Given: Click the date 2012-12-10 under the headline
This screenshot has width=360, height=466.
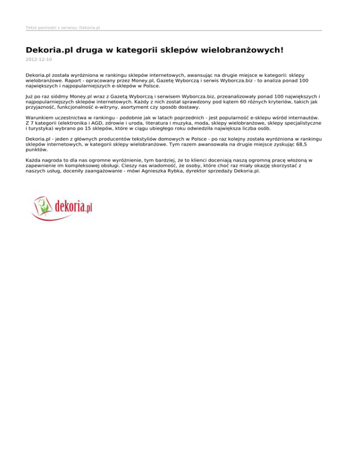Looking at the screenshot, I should point(39,60).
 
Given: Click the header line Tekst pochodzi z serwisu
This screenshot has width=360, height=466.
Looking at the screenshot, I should point(63,28).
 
